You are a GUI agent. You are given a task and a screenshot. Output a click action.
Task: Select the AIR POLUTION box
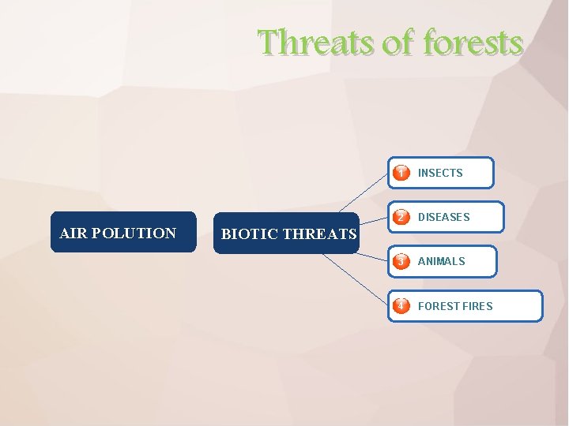122,232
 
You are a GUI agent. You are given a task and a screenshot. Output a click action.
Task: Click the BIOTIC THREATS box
288,234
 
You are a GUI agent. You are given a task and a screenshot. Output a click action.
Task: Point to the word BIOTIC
249,234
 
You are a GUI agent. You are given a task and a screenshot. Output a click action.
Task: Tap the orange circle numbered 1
402,173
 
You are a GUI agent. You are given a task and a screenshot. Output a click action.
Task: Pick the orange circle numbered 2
402,217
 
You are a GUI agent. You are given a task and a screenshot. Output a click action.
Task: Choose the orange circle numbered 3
402,261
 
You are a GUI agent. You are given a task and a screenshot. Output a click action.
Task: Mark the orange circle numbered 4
402,306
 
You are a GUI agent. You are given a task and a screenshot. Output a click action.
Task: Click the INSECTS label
440,173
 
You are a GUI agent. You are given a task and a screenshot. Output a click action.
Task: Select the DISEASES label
443,217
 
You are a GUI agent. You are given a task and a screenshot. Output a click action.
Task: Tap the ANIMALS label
441,261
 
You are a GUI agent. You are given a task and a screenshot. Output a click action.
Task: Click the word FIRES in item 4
478,306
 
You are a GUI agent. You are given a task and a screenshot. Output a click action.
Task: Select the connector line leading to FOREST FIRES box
356,279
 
